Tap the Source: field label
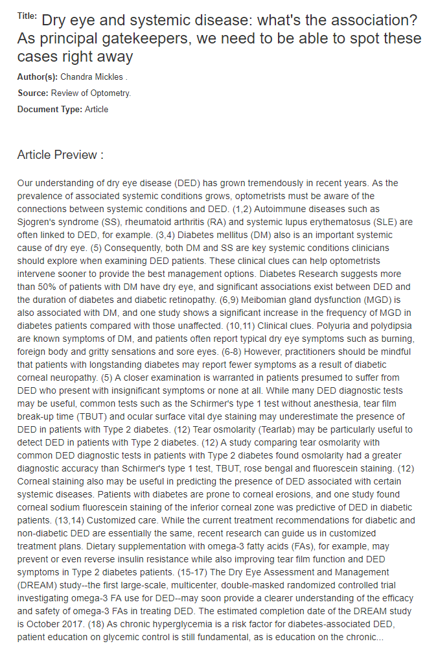click(32, 93)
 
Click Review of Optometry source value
click(91, 93)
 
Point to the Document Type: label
click(49, 109)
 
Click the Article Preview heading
click(60, 155)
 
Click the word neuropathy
click(71, 377)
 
